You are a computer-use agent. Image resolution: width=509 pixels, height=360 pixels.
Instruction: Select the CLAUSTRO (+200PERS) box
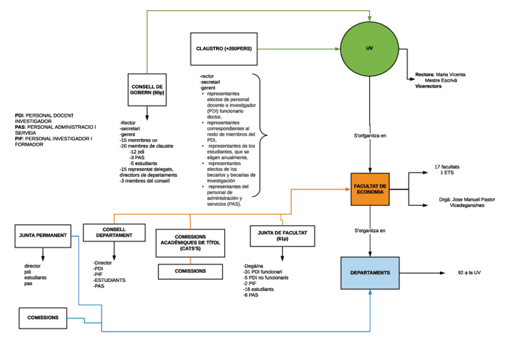(x=223, y=49)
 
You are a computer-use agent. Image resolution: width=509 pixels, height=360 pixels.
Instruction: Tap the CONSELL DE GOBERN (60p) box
(x=147, y=90)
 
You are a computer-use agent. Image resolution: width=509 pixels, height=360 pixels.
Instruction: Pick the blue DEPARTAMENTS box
(x=370, y=273)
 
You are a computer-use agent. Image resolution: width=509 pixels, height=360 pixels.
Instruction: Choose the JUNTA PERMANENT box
(x=42, y=236)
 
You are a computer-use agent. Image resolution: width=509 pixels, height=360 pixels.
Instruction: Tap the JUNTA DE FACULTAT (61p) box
(x=282, y=234)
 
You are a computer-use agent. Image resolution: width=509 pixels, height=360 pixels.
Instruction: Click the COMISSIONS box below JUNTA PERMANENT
(x=43, y=317)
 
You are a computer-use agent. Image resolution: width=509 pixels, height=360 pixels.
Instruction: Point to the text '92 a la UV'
(x=469, y=273)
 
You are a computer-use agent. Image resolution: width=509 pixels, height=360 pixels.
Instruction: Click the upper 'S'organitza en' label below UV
(x=370, y=136)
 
